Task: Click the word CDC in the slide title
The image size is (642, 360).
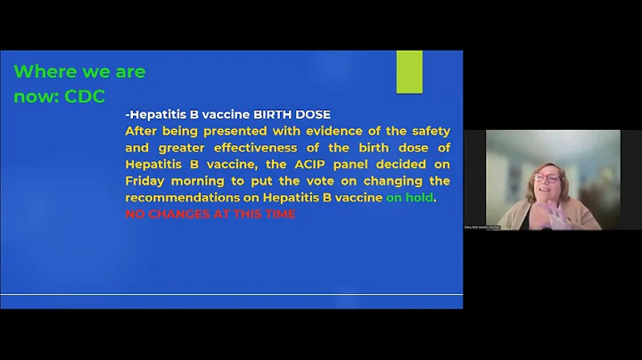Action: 85,97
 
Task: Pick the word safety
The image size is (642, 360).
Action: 428,131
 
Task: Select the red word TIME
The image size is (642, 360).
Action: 277,214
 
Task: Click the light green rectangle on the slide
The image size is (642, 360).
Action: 409,73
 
